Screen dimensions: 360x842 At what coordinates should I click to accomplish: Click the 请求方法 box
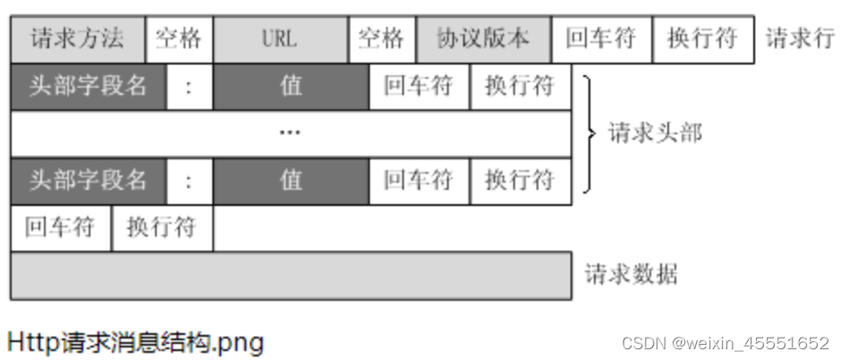[x=77, y=39]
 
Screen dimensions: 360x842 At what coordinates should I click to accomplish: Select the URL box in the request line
[x=279, y=39]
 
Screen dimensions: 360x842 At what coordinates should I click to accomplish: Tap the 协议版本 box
[x=483, y=39]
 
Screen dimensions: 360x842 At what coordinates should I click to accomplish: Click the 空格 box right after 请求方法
[x=178, y=39]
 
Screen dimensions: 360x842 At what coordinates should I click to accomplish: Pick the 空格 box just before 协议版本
[x=382, y=39]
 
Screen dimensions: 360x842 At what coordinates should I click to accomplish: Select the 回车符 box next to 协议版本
[x=601, y=39]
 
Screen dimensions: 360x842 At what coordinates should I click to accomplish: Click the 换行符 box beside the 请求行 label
[x=702, y=39]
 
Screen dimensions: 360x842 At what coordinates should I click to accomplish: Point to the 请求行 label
[x=800, y=39]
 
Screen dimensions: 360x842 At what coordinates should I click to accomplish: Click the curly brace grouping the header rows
[x=589, y=133]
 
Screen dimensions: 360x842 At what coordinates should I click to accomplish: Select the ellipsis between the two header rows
[x=290, y=133]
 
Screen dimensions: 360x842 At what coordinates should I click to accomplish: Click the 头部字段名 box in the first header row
[x=88, y=87]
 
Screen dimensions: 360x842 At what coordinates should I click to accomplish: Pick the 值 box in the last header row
[x=290, y=180]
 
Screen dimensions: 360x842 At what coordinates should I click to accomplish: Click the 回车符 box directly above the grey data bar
[x=61, y=227]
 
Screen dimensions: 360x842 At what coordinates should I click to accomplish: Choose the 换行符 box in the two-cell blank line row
[x=162, y=227]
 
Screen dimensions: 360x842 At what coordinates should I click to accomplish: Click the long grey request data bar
[x=290, y=275]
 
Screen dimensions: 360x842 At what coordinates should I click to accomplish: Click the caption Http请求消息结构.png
[x=135, y=341]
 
